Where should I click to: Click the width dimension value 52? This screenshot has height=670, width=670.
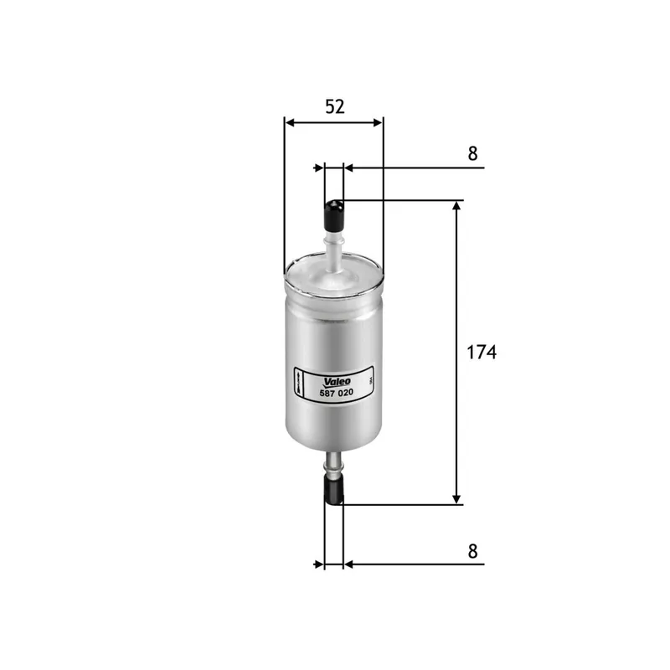(x=334, y=106)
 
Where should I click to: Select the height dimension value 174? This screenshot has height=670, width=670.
(x=481, y=353)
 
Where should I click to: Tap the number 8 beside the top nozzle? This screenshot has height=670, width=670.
(x=472, y=153)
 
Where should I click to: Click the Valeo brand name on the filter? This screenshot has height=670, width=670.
(x=335, y=379)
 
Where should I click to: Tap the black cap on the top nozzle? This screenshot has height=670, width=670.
(x=334, y=214)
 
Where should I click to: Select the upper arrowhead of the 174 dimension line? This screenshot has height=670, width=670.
(x=457, y=209)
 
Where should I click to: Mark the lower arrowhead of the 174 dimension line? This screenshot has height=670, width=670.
(x=457, y=497)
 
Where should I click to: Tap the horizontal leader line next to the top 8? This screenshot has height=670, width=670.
(x=419, y=168)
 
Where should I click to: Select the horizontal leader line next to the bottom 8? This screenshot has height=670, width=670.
(x=419, y=564)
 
